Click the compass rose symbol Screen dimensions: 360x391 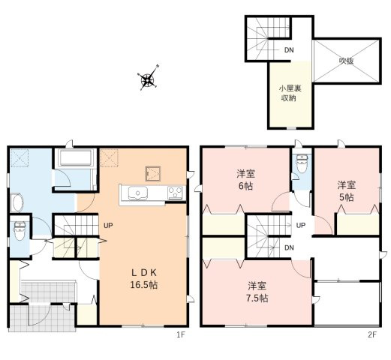point(148,78)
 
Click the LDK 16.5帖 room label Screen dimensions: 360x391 point(143,278)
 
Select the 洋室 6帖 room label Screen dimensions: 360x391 point(244,180)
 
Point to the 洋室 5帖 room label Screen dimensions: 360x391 point(344,190)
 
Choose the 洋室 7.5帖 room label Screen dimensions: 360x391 point(257,292)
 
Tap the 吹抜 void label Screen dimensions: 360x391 point(345,60)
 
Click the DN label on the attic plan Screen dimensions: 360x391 point(288,51)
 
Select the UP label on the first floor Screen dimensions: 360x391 point(109,224)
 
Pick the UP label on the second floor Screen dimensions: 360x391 point(299,225)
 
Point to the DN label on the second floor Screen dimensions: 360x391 point(289,247)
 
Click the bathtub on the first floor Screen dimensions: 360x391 point(73,158)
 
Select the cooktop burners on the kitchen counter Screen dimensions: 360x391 point(176,193)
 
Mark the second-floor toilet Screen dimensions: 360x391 point(301,164)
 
